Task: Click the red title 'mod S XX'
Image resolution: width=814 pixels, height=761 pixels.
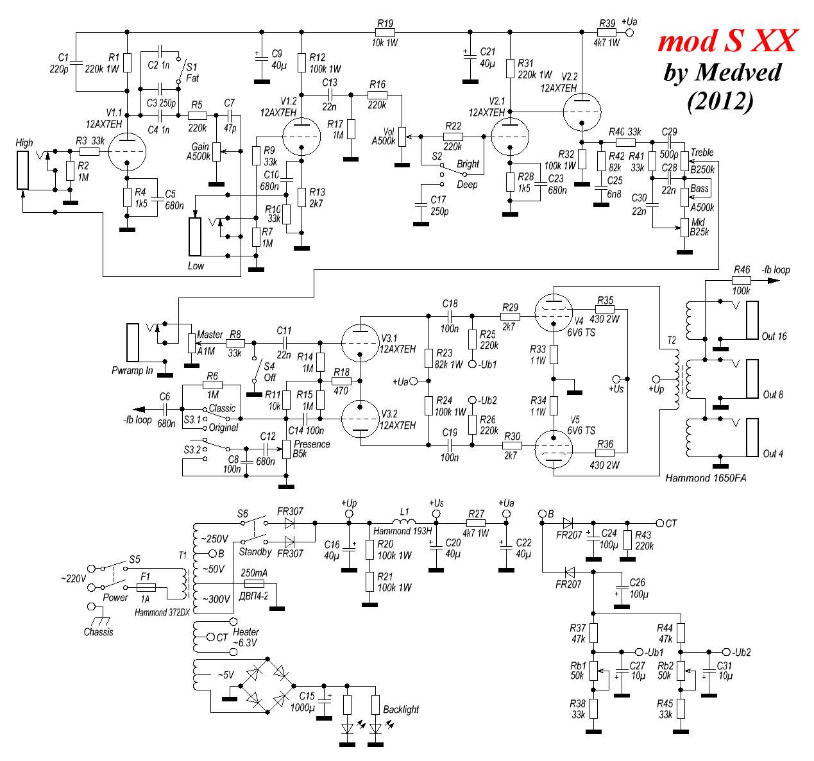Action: [x=727, y=41]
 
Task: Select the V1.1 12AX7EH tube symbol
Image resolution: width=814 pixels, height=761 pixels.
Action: [x=127, y=152]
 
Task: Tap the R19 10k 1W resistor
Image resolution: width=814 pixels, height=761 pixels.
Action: [x=385, y=33]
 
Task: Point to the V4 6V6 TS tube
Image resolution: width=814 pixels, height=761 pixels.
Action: [x=552, y=313]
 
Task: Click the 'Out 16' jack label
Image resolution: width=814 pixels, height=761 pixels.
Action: [x=774, y=336]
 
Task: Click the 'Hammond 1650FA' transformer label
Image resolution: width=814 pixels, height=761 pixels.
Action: [x=706, y=478]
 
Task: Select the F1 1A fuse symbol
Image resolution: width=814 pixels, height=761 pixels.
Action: [x=147, y=587]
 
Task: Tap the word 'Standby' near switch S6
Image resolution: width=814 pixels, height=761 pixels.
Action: [x=255, y=551]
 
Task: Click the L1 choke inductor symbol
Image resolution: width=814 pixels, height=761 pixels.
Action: [x=404, y=521]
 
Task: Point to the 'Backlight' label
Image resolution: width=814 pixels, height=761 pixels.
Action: [x=401, y=709]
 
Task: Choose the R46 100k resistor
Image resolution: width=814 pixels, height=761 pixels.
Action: [x=742, y=280]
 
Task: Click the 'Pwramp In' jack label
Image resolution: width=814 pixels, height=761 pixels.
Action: [x=132, y=371]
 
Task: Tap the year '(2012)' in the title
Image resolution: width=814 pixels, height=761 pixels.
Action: [x=720, y=101]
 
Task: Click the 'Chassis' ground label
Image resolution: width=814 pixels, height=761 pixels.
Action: [x=98, y=631]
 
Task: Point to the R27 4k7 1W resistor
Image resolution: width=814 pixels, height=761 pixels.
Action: [x=475, y=523]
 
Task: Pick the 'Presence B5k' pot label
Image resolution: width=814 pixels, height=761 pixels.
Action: [x=311, y=449]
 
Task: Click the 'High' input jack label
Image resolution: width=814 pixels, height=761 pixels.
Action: [x=24, y=142]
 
